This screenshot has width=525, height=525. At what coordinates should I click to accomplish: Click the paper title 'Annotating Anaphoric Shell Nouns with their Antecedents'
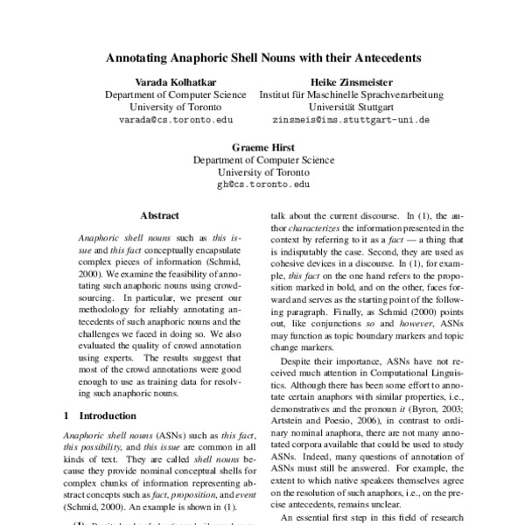(263, 59)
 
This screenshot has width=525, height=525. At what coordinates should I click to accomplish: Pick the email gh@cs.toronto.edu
(263, 185)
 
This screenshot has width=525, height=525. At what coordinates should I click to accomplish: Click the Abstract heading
(159, 214)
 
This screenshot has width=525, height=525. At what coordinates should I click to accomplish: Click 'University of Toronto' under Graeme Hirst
(263, 173)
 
